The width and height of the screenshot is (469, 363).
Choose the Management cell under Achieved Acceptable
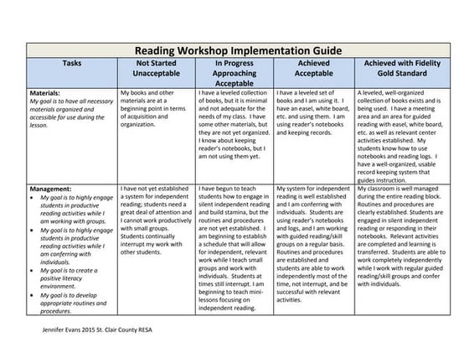click(313, 252)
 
